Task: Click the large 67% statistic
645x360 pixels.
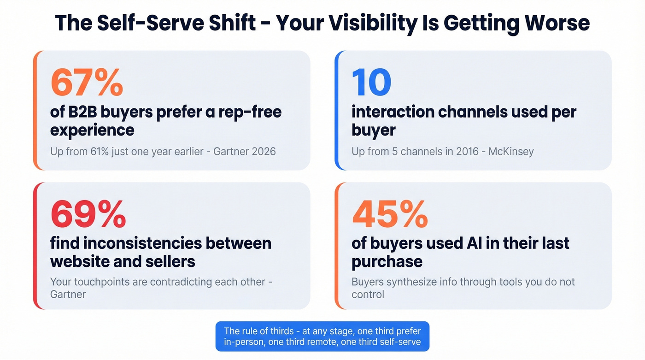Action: pos(87,82)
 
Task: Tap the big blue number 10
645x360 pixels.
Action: pos(371,82)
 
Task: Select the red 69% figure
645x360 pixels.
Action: pos(88,214)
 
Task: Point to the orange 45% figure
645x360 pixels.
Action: pos(390,214)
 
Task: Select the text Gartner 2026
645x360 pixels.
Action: pos(245,151)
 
